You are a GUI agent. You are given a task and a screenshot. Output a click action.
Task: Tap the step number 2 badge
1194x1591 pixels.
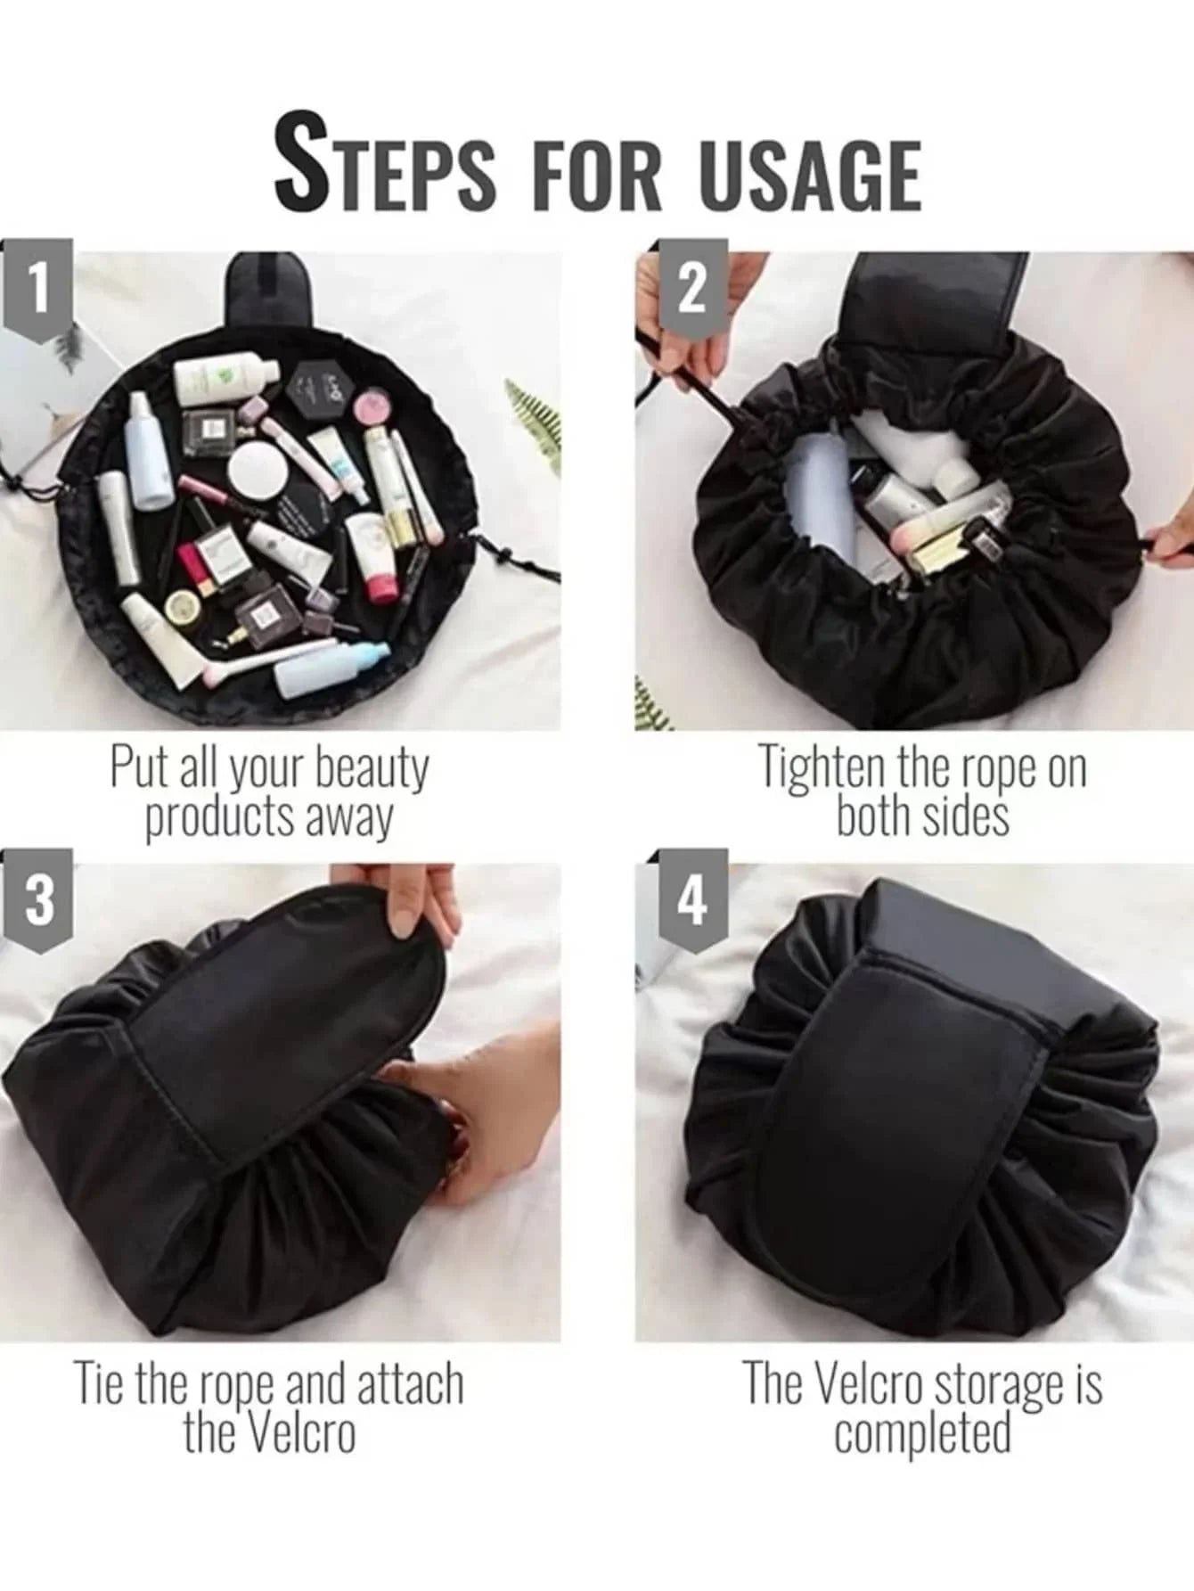click(692, 291)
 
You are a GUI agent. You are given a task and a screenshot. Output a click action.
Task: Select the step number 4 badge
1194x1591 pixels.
click(692, 902)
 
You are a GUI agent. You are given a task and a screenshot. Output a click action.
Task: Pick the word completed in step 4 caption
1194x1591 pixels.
click(923, 1435)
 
